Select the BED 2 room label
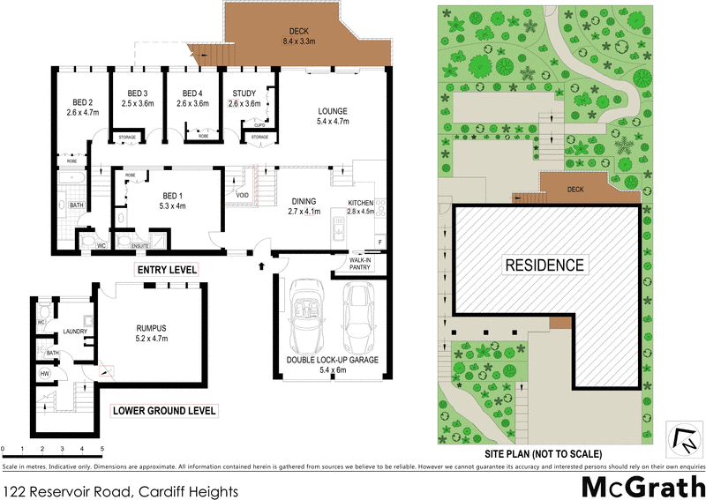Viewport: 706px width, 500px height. pyautogui.click(x=80, y=101)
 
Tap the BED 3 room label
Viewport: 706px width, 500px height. pyautogui.click(x=138, y=93)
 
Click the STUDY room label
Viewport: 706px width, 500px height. pyautogui.click(x=244, y=93)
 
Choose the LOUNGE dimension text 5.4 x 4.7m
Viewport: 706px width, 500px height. pyautogui.click(x=334, y=122)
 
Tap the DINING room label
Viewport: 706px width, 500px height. pyautogui.click(x=303, y=201)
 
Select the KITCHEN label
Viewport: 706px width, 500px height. pyautogui.click(x=360, y=203)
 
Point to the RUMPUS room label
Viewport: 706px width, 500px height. pyautogui.click(x=152, y=326)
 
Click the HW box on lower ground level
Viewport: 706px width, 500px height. pyautogui.click(x=44, y=374)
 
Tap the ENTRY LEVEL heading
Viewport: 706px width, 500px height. pyautogui.click(x=165, y=268)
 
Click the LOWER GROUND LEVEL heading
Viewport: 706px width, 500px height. pyautogui.click(x=163, y=411)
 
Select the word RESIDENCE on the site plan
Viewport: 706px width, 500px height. pyautogui.click(x=544, y=265)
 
